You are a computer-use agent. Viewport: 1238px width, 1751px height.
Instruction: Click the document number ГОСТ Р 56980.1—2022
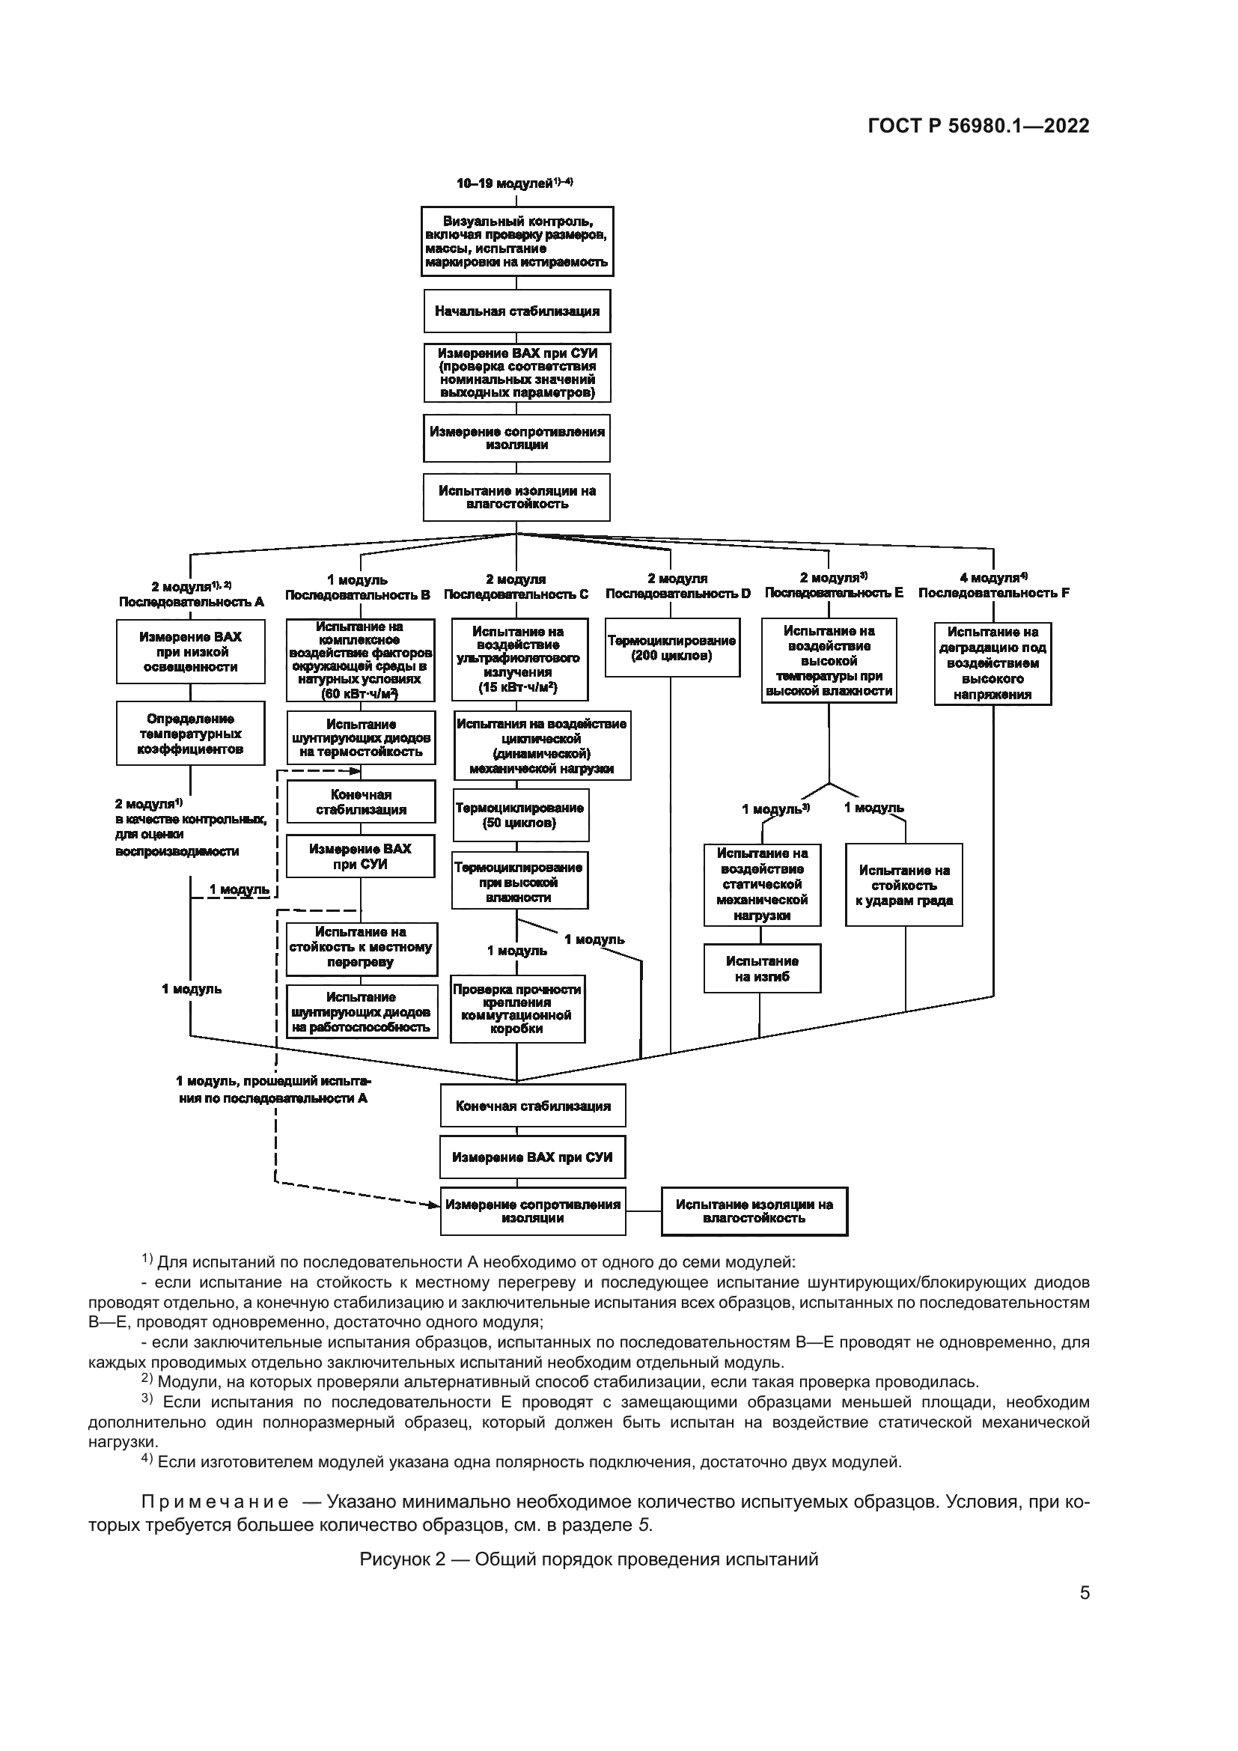(978, 127)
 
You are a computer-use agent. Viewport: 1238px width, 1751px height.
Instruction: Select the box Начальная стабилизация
(517, 311)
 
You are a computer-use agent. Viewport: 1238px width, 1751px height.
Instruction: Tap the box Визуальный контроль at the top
(517, 242)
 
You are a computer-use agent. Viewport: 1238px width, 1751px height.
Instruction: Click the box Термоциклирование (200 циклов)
(671, 648)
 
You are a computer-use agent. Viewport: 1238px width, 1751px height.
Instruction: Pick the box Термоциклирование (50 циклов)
(520, 816)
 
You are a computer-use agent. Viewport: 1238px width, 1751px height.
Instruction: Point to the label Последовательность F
(993, 594)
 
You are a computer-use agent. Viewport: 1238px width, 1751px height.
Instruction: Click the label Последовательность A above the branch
(192, 602)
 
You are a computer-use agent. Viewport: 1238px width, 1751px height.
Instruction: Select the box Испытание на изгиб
(761, 969)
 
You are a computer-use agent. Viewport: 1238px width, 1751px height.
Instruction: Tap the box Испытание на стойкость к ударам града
(903, 886)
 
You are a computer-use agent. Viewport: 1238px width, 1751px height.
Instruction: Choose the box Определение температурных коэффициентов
(191, 734)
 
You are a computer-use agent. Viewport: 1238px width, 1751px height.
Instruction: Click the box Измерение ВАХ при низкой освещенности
(191, 652)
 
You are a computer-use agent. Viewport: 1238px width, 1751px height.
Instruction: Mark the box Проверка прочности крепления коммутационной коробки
(518, 1009)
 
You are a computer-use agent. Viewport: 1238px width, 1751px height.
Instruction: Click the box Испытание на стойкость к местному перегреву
(362, 948)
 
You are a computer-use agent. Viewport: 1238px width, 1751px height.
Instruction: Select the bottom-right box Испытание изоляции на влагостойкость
(754, 1211)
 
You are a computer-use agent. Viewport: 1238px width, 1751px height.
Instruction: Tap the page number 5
(1084, 1593)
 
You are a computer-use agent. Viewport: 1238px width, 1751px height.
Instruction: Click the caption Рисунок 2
(588, 1559)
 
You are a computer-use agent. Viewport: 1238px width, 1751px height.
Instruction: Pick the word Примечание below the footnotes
(215, 1502)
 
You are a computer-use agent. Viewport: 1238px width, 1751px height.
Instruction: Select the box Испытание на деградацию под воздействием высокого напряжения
(992, 663)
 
